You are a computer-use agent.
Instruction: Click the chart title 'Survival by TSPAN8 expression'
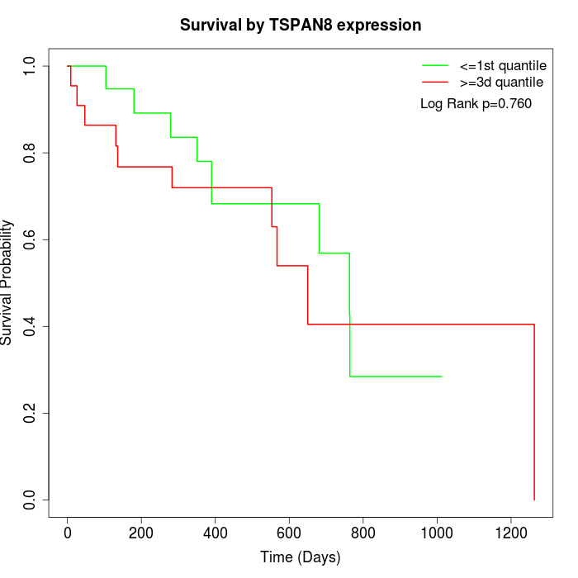coord(301,25)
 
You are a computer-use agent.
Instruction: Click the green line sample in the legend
coord(435,64)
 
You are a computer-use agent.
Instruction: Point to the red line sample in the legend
coord(435,82)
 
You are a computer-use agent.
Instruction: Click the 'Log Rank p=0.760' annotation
coord(476,103)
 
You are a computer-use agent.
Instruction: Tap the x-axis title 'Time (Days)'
coord(301,557)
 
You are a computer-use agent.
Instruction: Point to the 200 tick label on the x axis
coord(141,533)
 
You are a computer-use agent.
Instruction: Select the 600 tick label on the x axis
coord(289,533)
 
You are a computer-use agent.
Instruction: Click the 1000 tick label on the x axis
coord(437,533)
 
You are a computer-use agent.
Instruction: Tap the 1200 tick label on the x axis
coord(510,533)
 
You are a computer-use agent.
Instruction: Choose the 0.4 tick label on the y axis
coord(31,326)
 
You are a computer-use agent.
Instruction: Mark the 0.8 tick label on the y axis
coord(31,153)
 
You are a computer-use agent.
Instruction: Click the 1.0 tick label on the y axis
coord(31,66)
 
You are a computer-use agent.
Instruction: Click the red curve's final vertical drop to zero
coord(534,413)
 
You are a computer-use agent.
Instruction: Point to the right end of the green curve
coord(442,377)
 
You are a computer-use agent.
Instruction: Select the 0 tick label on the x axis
coord(68,533)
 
